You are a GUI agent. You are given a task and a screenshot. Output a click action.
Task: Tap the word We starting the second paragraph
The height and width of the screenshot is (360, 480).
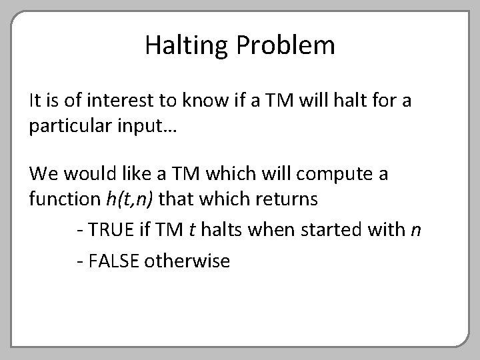point(43,175)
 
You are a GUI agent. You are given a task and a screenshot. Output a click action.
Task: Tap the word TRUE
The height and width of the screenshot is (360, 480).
point(109,230)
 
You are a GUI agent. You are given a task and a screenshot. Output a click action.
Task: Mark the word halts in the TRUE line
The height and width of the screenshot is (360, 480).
point(219,230)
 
